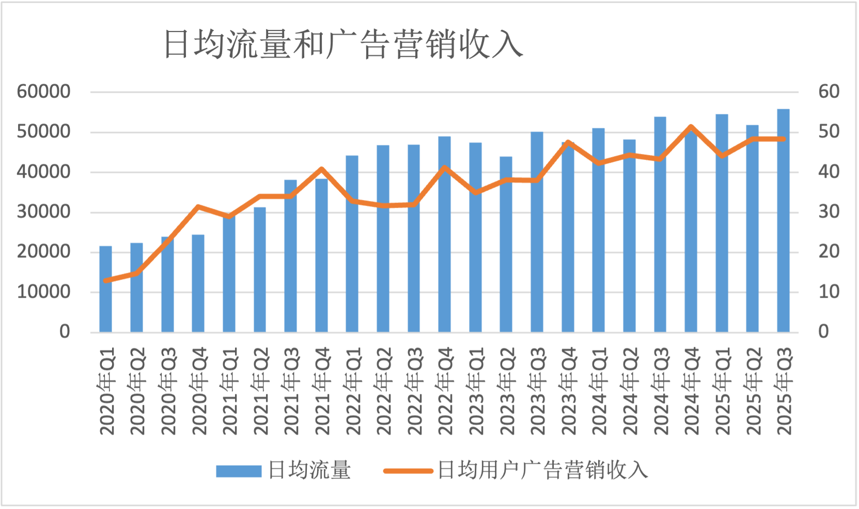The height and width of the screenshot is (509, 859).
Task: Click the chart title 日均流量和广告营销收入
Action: [343, 44]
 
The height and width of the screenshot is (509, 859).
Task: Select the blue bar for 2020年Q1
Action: [106, 289]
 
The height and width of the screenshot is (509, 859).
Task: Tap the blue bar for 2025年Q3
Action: [783, 222]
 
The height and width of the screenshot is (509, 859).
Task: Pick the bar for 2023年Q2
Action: [506, 245]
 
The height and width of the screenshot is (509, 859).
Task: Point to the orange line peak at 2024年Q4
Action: [691, 127]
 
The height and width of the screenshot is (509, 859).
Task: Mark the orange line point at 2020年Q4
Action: [198, 207]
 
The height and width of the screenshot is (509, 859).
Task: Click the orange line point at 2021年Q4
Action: [321, 169]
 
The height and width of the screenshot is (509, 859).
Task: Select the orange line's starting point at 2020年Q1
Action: [106, 281]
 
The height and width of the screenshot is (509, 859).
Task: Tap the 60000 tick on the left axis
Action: [43, 92]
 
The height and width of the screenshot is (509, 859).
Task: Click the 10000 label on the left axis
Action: [43, 292]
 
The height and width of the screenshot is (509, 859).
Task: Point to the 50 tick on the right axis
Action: [829, 132]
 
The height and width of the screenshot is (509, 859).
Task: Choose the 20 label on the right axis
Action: [829, 252]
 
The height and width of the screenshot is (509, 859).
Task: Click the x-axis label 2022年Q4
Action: [445, 391]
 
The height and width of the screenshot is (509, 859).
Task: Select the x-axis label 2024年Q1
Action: [599, 391]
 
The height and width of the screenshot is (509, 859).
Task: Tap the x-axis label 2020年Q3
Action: [168, 391]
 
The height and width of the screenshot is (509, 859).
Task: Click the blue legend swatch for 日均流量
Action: [239, 471]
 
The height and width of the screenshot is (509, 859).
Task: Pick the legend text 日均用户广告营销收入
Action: [542, 470]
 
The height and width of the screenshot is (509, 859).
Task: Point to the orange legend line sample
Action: [408, 471]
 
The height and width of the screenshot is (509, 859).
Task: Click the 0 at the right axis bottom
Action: [823, 332]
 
